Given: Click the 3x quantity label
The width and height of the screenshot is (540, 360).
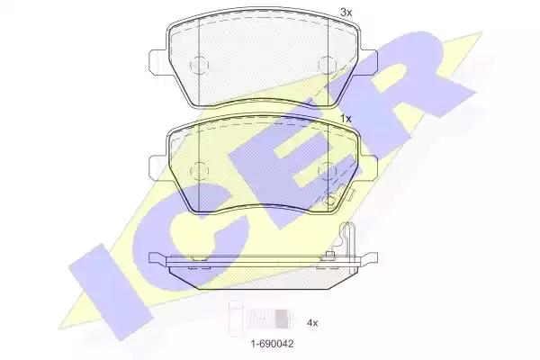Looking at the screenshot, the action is [x=346, y=13].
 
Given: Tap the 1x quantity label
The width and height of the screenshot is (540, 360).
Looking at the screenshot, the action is [x=346, y=119].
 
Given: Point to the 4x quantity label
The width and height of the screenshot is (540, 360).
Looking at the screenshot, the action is [x=312, y=323].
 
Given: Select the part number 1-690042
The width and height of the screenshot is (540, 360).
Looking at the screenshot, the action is [x=272, y=344].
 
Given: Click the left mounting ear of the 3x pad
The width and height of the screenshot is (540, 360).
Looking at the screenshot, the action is [x=158, y=62].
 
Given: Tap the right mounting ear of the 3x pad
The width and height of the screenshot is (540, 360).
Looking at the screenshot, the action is [x=368, y=62].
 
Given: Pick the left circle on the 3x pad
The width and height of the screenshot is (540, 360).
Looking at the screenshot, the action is [x=200, y=65].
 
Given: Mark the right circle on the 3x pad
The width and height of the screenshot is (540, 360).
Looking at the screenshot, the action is [x=328, y=65].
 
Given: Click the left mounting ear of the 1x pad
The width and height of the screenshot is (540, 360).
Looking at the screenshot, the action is [x=158, y=167].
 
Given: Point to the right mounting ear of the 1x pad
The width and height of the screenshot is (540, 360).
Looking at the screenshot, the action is [x=369, y=167].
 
